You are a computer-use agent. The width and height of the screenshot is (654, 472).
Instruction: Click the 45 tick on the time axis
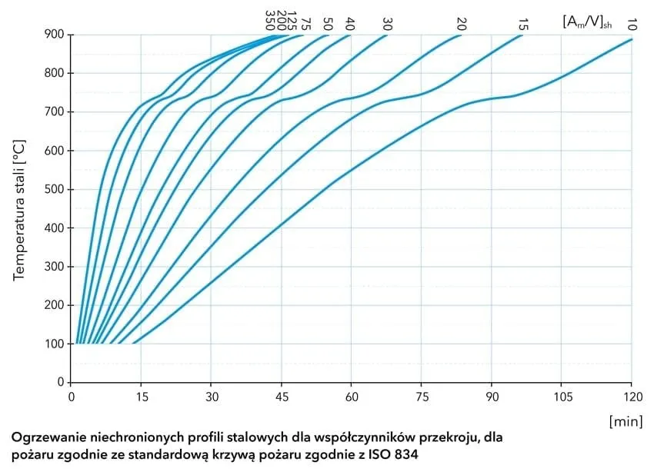pos(282,397)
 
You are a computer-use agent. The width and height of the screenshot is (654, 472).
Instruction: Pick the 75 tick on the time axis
pos(422,397)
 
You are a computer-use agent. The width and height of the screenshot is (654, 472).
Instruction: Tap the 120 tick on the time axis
pos(632,397)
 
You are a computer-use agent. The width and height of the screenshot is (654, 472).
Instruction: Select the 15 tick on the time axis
pos(142,397)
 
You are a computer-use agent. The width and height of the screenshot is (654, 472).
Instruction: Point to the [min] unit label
pos(625,421)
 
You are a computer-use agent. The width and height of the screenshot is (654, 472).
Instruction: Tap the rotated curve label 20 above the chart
pos(462,23)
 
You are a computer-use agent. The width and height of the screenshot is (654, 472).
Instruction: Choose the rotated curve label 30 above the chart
pos(387,23)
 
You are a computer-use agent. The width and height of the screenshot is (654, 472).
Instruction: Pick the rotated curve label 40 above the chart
pos(351,23)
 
